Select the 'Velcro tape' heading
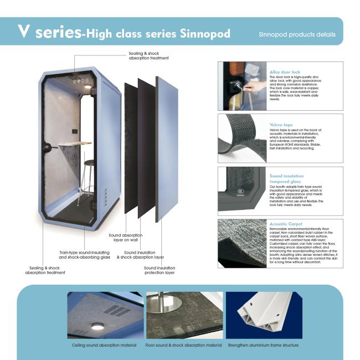click(x=281, y=125)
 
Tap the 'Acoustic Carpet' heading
click(x=286, y=224)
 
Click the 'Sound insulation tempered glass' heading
click(x=286, y=178)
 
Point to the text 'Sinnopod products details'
click(x=297, y=34)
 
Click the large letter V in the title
click(x=23, y=32)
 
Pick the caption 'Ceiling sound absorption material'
click(x=105, y=345)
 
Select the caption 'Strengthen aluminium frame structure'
click(x=263, y=345)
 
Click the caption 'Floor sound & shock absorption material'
click(x=183, y=345)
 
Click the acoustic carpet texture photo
click(x=241, y=244)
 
